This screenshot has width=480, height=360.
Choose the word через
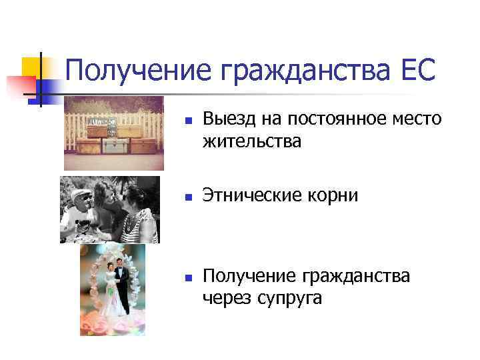pos(225,297)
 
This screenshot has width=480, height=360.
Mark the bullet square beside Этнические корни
pos(189,198)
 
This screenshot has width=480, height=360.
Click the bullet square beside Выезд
pos(189,122)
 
